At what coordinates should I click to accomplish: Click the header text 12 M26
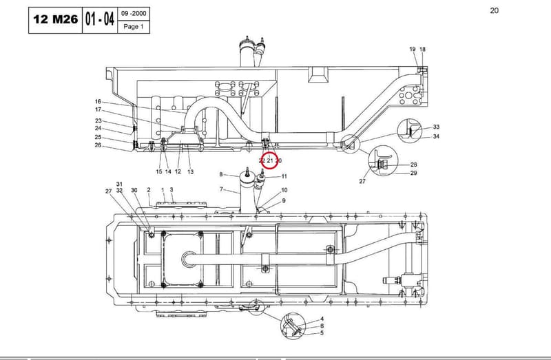point(56,20)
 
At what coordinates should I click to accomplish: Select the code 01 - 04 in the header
point(100,19)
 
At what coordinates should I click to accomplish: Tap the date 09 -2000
point(134,14)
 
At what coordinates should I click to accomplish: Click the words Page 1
point(134,27)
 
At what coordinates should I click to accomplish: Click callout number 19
point(413,49)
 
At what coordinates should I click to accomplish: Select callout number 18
point(422,49)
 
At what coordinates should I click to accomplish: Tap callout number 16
point(98,101)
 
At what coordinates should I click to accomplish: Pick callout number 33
point(436,127)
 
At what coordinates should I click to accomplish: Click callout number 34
point(436,136)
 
